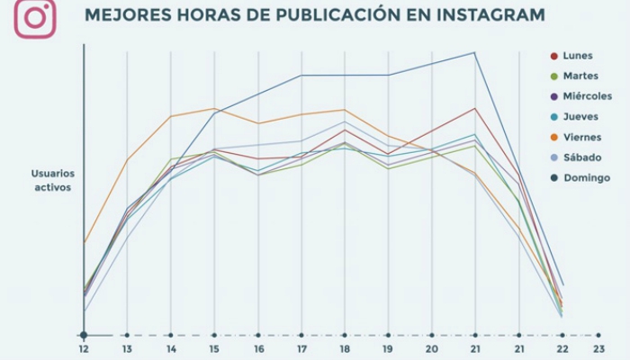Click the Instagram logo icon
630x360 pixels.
click(x=35, y=18)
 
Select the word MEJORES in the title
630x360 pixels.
click(x=122, y=15)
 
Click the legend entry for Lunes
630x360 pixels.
click(x=577, y=56)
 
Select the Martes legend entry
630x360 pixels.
click(x=580, y=76)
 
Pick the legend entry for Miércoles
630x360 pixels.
click(x=587, y=96)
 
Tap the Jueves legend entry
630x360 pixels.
click(x=580, y=117)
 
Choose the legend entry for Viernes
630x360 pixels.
click(x=582, y=137)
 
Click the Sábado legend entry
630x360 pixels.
click(x=581, y=157)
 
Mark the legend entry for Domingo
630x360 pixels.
click(x=585, y=177)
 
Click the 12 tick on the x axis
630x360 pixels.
click(x=84, y=348)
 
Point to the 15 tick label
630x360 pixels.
click(x=214, y=348)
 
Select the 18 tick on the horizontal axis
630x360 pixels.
click(x=345, y=348)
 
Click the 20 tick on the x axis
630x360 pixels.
click(x=432, y=348)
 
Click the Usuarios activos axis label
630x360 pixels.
click(x=52, y=180)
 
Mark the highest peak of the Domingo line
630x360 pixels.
click(x=474, y=52)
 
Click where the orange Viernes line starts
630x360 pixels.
click(x=85, y=241)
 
